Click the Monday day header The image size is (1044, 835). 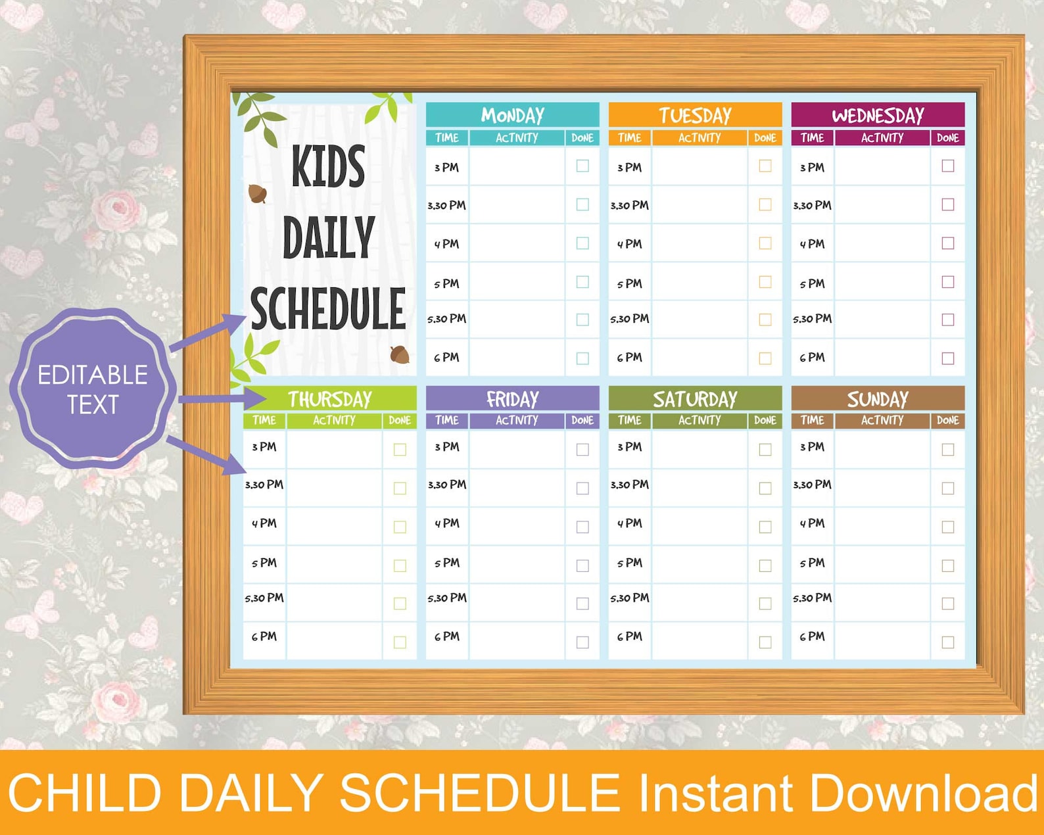click(512, 115)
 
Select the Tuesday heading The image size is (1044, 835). click(695, 115)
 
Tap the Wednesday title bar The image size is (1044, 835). click(878, 115)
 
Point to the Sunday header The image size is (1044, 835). click(878, 398)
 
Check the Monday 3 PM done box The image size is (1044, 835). click(582, 166)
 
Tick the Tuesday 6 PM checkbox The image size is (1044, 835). click(765, 358)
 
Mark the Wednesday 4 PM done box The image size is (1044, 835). click(948, 243)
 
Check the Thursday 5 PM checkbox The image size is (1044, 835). click(400, 565)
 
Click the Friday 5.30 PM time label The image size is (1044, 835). click(447, 598)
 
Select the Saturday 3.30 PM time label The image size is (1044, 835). click(629, 485)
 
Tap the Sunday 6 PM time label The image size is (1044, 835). click(812, 636)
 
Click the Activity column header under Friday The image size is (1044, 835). click(517, 420)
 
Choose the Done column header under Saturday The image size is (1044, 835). click(765, 420)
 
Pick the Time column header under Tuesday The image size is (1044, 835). click(629, 137)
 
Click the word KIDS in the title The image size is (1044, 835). click(328, 167)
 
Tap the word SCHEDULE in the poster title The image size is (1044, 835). click(328, 309)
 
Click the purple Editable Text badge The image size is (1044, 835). click(93, 389)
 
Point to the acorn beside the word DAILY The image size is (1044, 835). click(258, 194)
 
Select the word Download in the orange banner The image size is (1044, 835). click(924, 793)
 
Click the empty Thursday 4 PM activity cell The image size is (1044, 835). click(334, 526)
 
